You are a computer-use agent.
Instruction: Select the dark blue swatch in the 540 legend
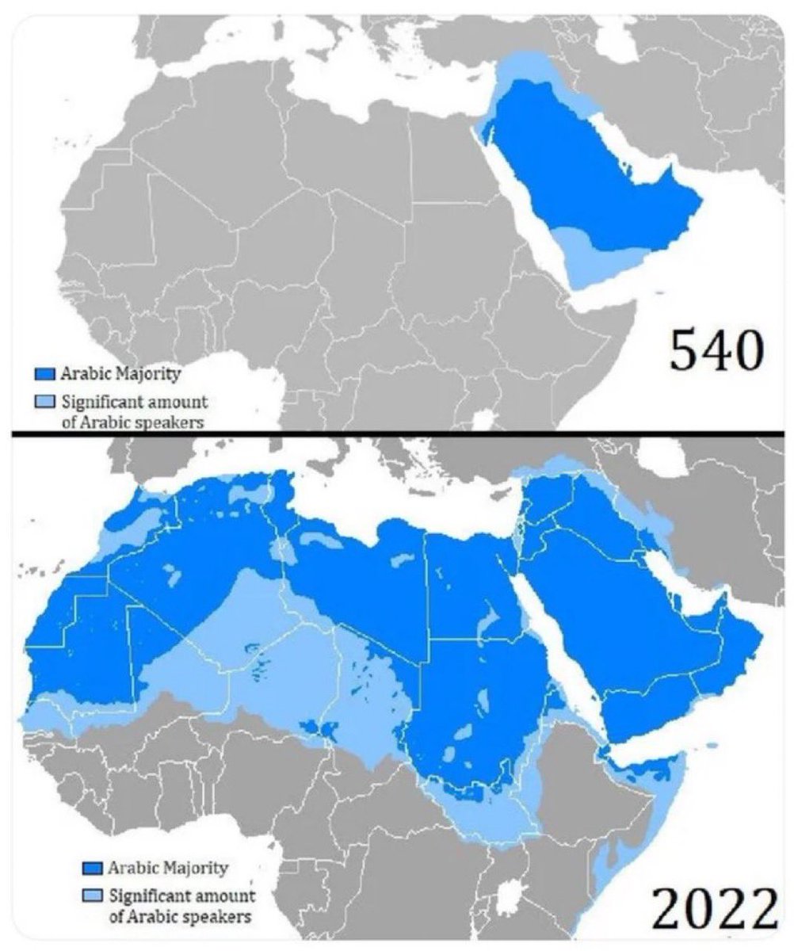45,372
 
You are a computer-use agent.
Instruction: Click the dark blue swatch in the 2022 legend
91,868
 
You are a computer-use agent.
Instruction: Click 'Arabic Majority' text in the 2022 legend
168,868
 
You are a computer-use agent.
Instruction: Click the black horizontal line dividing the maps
396,433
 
